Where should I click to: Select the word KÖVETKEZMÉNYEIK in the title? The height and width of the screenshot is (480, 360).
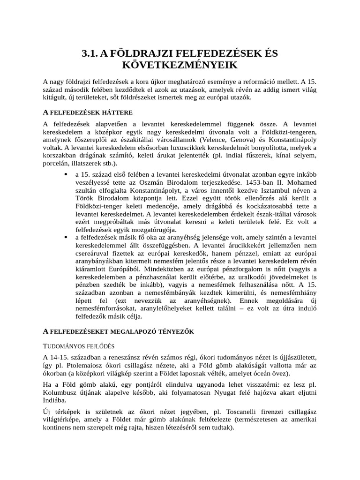tap(180, 65)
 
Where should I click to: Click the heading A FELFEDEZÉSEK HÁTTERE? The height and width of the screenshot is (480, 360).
tap(88, 112)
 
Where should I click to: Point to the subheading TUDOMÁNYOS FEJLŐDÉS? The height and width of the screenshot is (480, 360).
tap(78, 346)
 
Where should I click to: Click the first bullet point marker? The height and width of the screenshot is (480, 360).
tap(64, 174)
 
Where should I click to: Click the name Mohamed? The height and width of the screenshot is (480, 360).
tap(300, 182)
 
